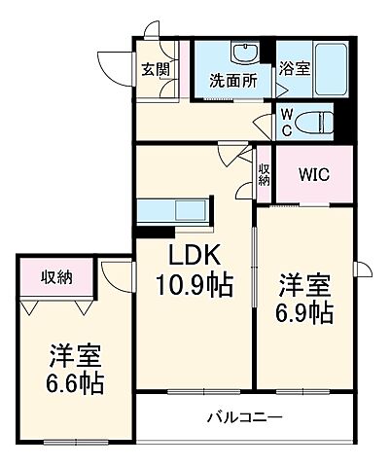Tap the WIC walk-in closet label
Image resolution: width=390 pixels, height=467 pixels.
(x=313, y=177)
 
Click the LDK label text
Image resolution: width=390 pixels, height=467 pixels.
(x=195, y=256)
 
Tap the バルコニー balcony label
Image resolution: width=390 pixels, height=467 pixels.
(x=243, y=418)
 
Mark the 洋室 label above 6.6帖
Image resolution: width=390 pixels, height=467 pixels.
(x=74, y=352)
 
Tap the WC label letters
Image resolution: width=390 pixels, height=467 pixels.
(x=286, y=122)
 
